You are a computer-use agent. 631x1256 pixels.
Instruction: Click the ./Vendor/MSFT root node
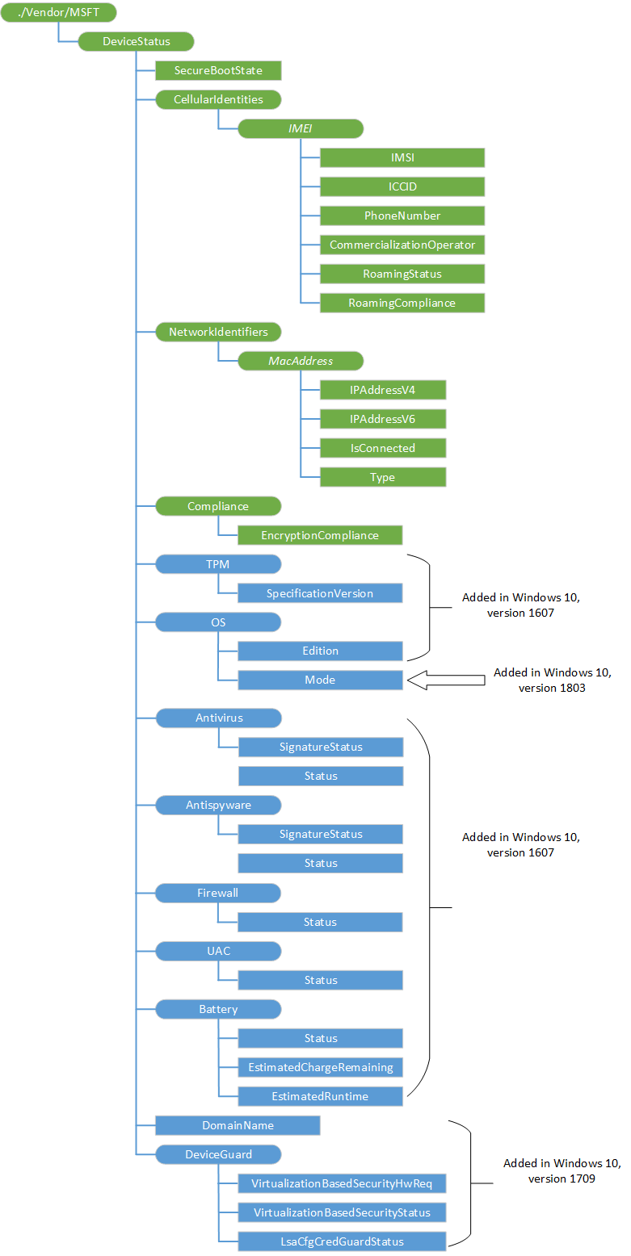[x=58, y=13]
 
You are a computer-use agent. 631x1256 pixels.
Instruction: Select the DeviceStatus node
[x=136, y=42]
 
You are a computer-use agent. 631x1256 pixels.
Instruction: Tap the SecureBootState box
[x=218, y=71]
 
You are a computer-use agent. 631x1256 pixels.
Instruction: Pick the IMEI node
[x=301, y=129]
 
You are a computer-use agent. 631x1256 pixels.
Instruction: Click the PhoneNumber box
[x=402, y=216]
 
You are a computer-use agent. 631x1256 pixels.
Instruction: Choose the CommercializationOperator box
[x=402, y=245]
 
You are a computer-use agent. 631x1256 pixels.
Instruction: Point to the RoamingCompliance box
[x=402, y=304]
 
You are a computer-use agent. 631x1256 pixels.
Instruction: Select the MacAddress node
[x=301, y=362]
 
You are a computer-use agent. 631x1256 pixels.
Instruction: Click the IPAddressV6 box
[x=383, y=420]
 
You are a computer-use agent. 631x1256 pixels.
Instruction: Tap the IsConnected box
[x=383, y=449]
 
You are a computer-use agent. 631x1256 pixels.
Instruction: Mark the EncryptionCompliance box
[x=320, y=536]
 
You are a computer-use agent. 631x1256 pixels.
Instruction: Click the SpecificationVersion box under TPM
[x=320, y=594]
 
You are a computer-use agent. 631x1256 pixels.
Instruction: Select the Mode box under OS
[x=320, y=680]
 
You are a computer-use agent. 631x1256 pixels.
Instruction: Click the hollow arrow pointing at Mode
[x=445, y=680]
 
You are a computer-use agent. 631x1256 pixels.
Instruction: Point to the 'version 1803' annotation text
[x=553, y=688]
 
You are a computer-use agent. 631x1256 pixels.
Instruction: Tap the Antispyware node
[x=218, y=806]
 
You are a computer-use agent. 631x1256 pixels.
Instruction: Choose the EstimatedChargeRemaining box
[x=320, y=1068]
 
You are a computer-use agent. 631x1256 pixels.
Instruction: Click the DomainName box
[x=238, y=1125]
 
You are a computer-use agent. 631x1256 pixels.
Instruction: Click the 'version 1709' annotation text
[x=562, y=1179]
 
